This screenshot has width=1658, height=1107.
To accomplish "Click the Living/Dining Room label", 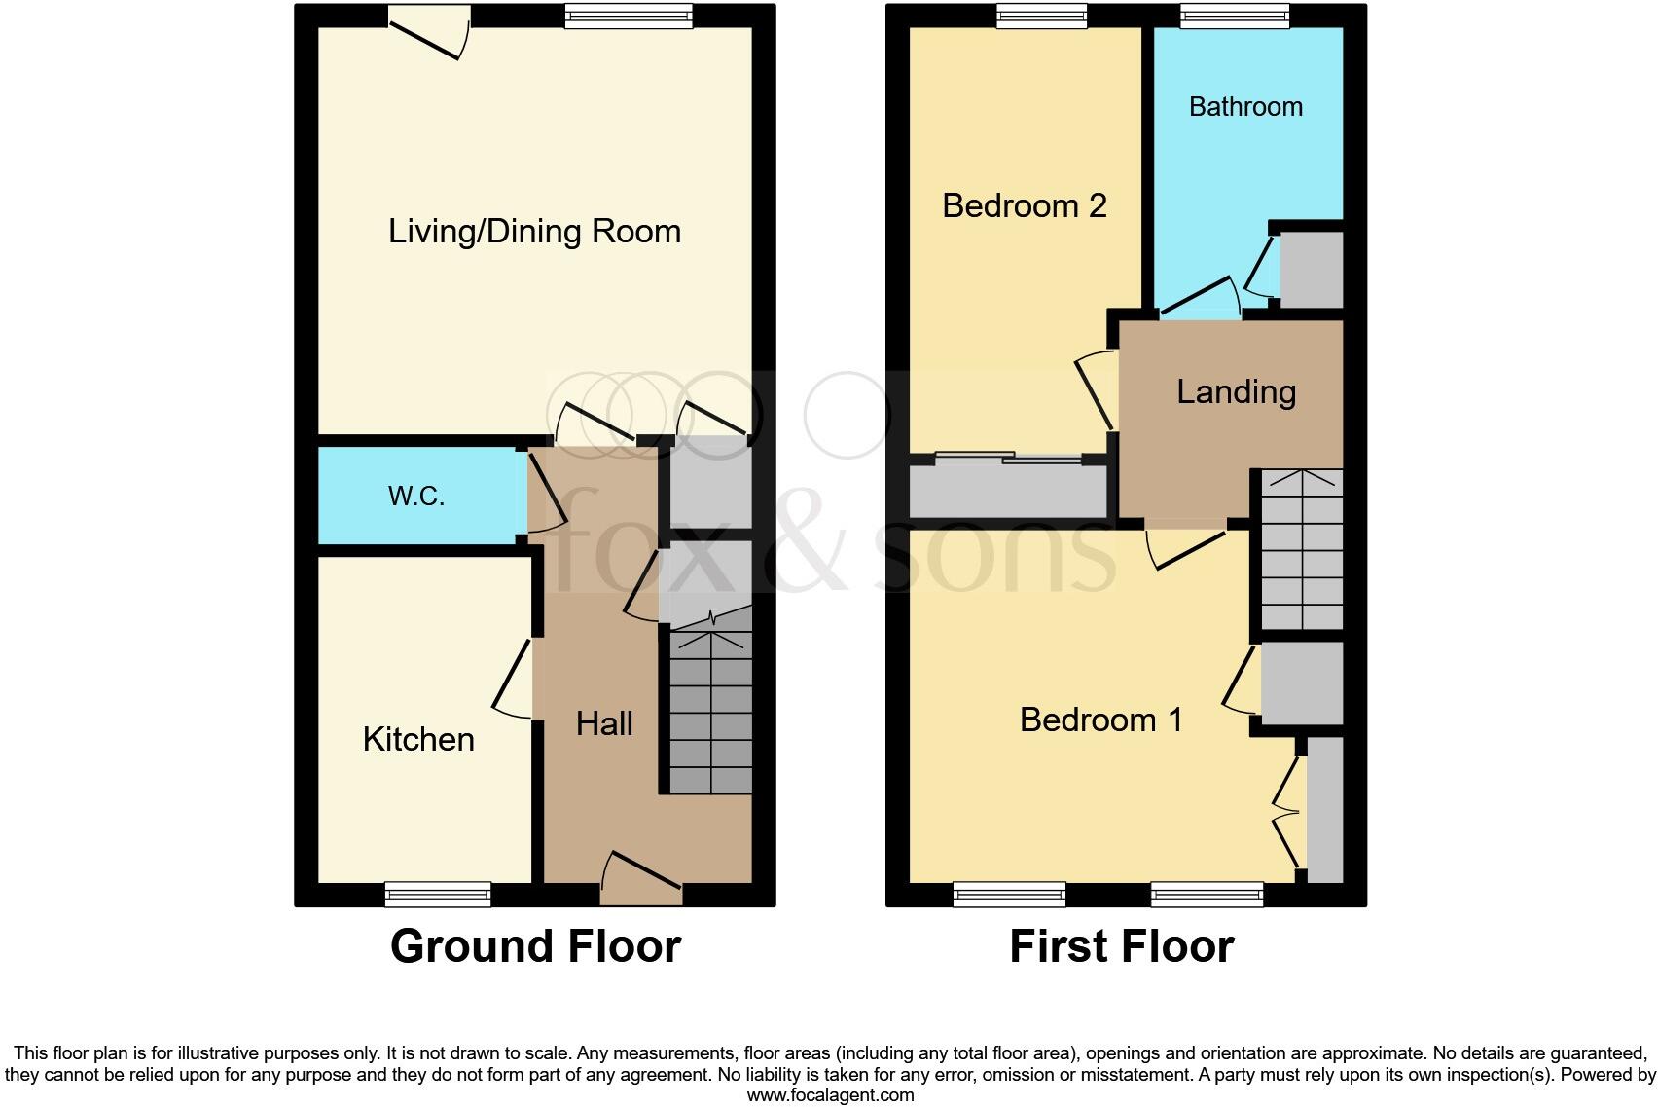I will coord(534,232).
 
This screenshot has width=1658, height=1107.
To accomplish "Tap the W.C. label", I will coord(416,497).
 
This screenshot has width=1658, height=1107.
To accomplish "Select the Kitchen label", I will coord(418,739).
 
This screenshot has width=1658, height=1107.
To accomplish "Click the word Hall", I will coord(604,723).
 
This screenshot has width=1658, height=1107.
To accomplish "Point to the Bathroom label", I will coord(1245,106).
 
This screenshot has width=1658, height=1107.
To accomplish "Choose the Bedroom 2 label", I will coord(1025,205).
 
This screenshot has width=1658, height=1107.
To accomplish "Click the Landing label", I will coord(1236,391).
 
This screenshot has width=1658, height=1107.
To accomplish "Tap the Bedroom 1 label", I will coord(1100,720).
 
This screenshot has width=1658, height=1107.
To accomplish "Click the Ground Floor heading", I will coord(535,946).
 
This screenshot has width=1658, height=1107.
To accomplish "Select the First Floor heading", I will coord(1121,946).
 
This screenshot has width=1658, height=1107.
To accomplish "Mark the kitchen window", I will coord(438,894).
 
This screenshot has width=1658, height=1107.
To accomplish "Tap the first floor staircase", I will coord(1302,550).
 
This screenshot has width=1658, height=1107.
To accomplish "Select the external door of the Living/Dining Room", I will coord(428,31).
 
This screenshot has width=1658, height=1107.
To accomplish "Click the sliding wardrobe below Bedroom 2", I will coord(1008,490).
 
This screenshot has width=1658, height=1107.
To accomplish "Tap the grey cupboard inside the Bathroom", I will coord(1311,270).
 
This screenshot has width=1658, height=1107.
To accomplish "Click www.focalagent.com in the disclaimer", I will coord(830,1095).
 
